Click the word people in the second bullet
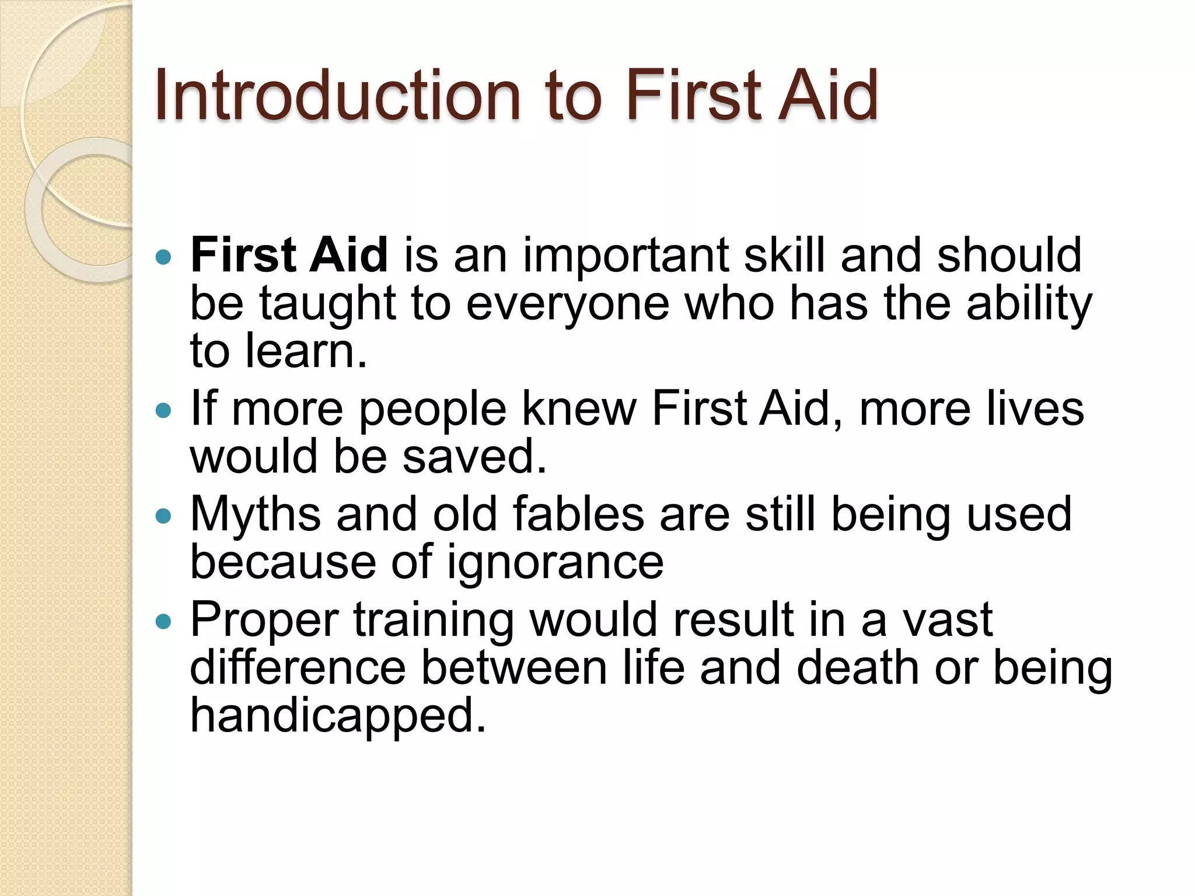click(x=432, y=408)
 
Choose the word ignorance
click(x=555, y=562)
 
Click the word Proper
click(x=264, y=619)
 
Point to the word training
click(x=434, y=619)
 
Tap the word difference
click(x=298, y=667)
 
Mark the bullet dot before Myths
click(x=165, y=516)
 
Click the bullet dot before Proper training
click(x=165, y=621)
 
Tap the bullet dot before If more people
click(x=165, y=410)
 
